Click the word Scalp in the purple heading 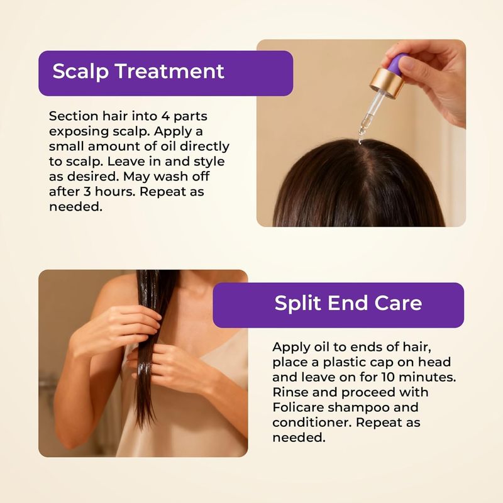pyautogui.click(x=80, y=71)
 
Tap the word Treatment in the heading pyautogui.click(x=170, y=71)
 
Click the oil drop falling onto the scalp pyautogui.click(x=360, y=140)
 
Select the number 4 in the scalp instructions pyautogui.click(x=165, y=116)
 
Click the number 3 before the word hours pyautogui.click(x=87, y=192)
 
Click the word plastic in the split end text pyautogui.click(x=344, y=363)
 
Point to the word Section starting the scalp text pyautogui.click(x=73, y=116)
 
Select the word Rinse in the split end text pyautogui.click(x=289, y=392)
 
